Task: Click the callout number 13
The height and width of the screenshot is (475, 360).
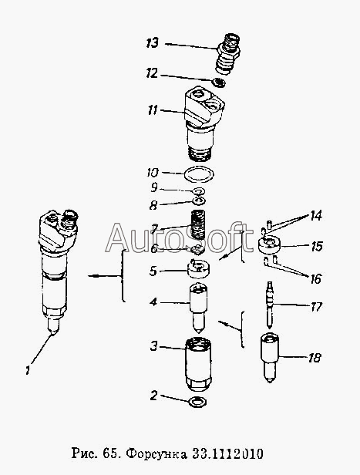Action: [x=153, y=42]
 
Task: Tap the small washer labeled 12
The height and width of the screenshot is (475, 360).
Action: [x=219, y=82]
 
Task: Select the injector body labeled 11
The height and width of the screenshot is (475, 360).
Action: [x=204, y=123]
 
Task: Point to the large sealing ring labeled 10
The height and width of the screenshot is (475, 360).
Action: [x=200, y=174]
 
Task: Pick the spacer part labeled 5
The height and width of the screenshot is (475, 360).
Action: [x=199, y=268]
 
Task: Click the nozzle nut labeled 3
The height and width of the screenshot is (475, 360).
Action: [x=198, y=366]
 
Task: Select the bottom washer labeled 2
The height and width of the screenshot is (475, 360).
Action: [x=197, y=402]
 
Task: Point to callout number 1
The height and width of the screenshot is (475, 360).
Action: [x=28, y=370]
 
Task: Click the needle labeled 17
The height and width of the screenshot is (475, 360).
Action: [x=270, y=305]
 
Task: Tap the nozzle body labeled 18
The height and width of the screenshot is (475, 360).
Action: [x=270, y=358]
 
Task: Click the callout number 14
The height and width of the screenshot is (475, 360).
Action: [x=315, y=216]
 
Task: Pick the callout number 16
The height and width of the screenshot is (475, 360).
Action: [x=315, y=279]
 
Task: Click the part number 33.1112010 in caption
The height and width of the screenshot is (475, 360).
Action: [x=228, y=453]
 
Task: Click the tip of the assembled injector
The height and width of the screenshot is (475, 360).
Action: [x=53, y=334]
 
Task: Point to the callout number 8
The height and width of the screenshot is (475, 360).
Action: [x=153, y=205]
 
